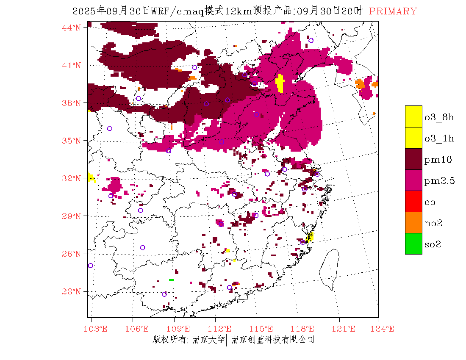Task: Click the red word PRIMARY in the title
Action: tap(393, 11)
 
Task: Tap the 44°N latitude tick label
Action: tap(71, 28)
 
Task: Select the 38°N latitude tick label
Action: tap(71, 103)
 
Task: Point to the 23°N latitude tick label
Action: tap(71, 291)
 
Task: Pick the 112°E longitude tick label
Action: tap(222, 329)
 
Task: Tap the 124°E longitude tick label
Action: tap(385, 329)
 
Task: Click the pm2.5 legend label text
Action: tap(439, 181)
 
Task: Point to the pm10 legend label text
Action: tap(438, 160)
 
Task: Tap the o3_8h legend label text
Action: tap(439, 117)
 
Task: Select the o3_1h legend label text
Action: tap(439, 138)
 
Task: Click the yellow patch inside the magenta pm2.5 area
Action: tap(280, 83)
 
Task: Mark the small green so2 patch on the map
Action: tap(171, 280)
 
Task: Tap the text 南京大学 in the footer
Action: tap(208, 339)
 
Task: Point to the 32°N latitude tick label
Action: tap(71, 178)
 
